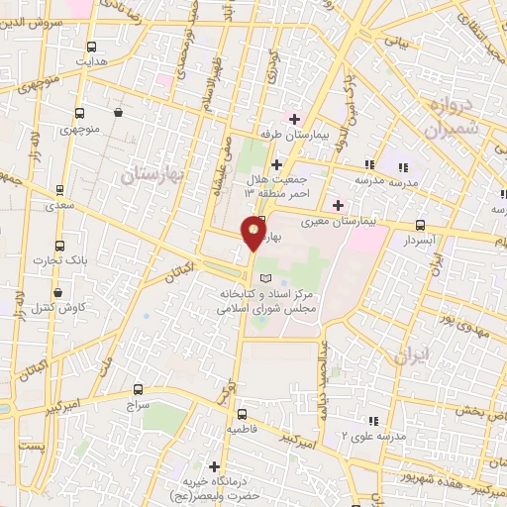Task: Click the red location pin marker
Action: pos(253,234)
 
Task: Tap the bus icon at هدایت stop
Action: pos(92,48)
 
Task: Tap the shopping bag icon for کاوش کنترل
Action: pos(60,293)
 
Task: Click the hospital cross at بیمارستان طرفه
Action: pos(295,119)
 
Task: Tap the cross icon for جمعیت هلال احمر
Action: pos(276,164)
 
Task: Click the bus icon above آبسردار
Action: pos(421,226)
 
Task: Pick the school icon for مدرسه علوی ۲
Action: pos(372,420)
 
